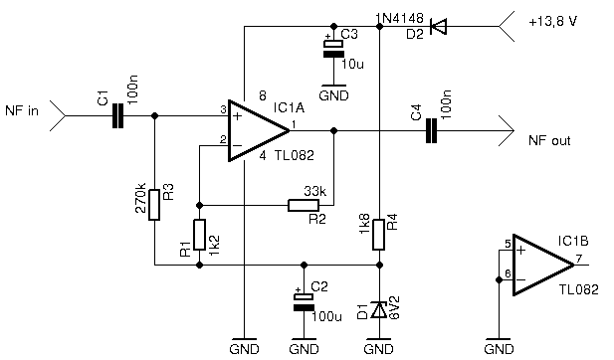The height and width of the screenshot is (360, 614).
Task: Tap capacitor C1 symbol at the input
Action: pos(118,116)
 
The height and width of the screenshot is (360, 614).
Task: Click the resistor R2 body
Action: pos(304,206)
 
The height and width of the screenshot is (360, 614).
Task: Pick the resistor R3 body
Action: pos(154,205)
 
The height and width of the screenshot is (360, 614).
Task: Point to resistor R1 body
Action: pos(199,236)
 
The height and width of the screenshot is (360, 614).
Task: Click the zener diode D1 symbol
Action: pos(379,310)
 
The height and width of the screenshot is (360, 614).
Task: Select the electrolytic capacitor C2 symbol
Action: pos(302,302)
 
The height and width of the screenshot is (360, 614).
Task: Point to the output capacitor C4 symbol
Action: pos(433,130)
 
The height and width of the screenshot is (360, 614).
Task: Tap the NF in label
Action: pos(22,111)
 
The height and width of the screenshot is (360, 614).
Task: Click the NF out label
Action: pos(549,141)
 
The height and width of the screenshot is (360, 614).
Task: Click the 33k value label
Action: pos(315,191)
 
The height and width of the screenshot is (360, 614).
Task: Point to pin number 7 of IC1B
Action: pos(580,258)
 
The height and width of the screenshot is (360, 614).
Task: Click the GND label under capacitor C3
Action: pos(333,95)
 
